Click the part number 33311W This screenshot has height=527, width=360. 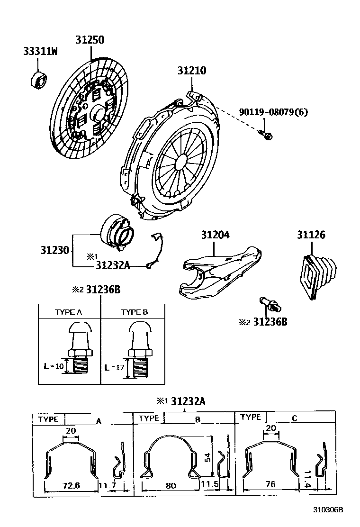coord(40,51)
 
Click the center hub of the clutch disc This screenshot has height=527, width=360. coord(99,114)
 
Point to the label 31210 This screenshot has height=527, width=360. coord(192,71)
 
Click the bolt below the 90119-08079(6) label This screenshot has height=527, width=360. coord(266,135)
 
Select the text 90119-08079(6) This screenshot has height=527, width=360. coord(273,112)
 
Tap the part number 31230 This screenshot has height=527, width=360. coord(54,250)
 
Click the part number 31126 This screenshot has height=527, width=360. coord(311,235)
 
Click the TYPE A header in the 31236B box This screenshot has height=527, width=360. coord(69,312)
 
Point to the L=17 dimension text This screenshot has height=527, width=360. coord(113,367)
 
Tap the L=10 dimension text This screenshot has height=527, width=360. coord(53,366)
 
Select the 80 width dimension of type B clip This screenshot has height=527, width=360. coord(171,485)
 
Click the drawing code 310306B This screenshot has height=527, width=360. coord(327,510)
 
